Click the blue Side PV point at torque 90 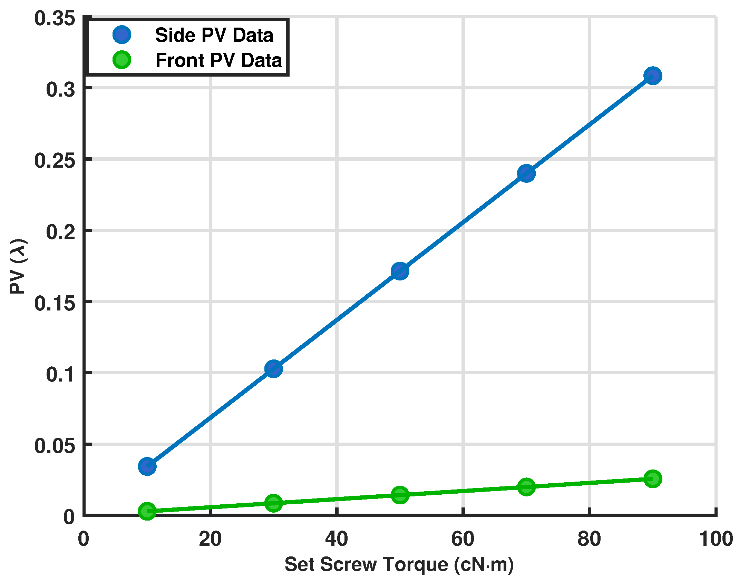652,76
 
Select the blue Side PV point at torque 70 526,173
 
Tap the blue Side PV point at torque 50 400,271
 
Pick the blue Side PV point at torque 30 273,369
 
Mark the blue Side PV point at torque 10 147,466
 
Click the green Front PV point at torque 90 652,478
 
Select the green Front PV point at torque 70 526,487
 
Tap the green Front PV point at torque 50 400,495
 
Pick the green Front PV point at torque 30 273,503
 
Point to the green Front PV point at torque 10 147,511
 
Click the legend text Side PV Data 214,35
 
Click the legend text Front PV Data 218,60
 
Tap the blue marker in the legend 122,35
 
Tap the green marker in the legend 122,60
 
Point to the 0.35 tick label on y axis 55,18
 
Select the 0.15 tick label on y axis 55,304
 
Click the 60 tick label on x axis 463,539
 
